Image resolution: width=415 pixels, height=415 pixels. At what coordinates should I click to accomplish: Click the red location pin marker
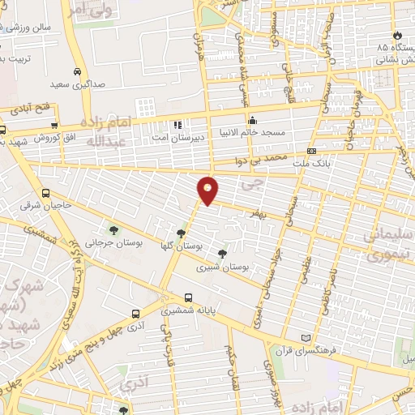208,190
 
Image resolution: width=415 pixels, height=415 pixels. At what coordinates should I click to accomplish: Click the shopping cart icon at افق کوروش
54,125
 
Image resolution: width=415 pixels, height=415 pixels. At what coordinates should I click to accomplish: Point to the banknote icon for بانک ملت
312,152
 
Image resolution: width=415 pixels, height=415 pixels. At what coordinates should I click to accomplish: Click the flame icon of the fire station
396,35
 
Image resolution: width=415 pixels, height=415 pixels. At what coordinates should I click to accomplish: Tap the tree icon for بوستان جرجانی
112,229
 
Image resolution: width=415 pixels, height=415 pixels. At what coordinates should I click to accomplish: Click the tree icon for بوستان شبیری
222,254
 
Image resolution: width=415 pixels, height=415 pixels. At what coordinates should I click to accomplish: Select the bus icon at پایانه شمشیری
188,297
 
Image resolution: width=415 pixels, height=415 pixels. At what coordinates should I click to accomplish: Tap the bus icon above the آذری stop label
135,313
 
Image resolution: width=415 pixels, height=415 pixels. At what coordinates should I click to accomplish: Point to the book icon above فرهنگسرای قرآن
306,337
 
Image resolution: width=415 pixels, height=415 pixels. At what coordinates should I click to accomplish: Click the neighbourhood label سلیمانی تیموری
390,244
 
